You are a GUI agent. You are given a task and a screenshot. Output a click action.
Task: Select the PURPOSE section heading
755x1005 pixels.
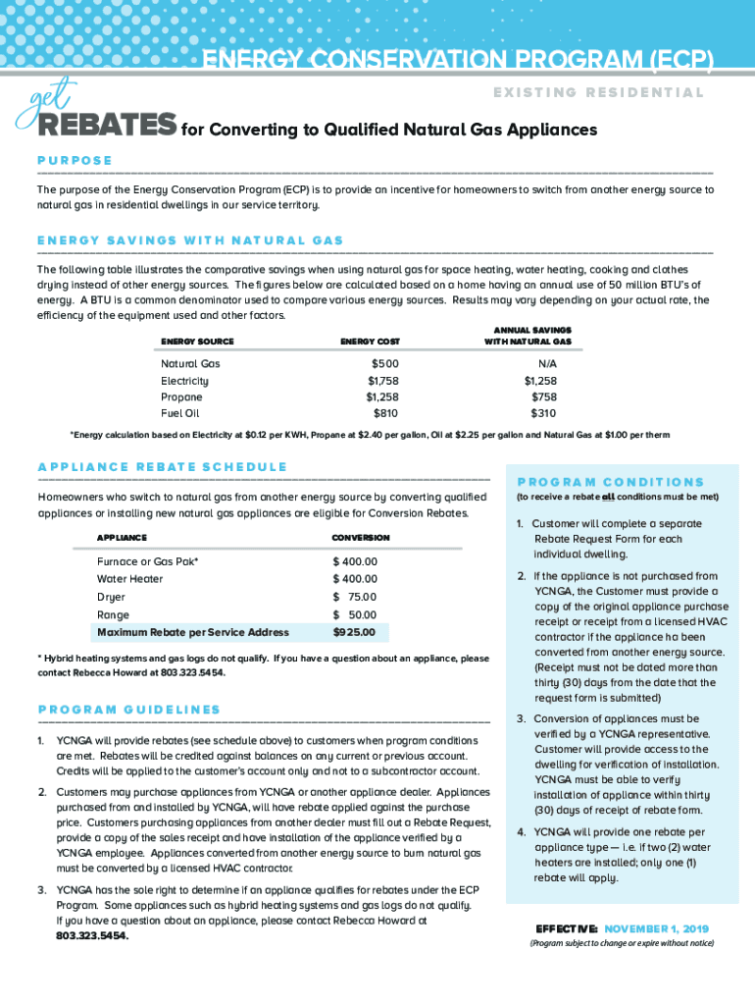[x=75, y=160]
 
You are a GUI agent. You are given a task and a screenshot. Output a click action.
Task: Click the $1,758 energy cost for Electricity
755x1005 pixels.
[x=383, y=380]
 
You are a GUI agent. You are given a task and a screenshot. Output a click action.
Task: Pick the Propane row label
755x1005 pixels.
[x=181, y=397]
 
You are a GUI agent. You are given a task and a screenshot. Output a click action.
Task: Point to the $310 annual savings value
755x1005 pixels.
[x=542, y=413]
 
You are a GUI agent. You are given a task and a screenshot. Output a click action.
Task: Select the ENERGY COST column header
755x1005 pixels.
[x=370, y=342]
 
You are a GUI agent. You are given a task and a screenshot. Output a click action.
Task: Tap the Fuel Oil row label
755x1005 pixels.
[x=180, y=413]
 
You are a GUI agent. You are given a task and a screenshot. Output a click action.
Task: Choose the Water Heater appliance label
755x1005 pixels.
[x=130, y=579]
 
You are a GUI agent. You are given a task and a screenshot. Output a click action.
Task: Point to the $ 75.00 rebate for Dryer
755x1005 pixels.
[x=355, y=597]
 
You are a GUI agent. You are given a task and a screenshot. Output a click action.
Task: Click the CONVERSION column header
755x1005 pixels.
[x=361, y=538]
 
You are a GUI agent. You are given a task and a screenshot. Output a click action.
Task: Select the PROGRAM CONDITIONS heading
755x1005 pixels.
[x=610, y=482]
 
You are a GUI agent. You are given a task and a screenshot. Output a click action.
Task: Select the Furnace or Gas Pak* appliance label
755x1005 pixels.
[x=147, y=561]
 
